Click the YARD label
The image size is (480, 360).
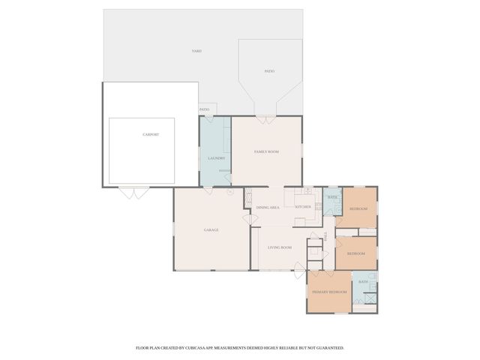click(x=196, y=51)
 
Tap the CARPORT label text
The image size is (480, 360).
click(x=151, y=134)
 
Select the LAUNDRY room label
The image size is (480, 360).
click(x=216, y=158)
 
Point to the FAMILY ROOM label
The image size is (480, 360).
click(x=266, y=151)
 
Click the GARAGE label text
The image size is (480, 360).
click(x=211, y=229)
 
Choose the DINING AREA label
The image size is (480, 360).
click(x=268, y=207)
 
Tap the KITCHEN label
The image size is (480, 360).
click(x=303, y=207)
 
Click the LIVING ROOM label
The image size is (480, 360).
click(x=280, y=247)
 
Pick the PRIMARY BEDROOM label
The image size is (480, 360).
click(x=329, y=292)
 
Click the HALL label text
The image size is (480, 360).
click(x=326, y=235)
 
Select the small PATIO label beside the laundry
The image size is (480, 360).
click(x=205, y=109)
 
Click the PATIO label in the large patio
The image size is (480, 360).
click(x=269, y=71)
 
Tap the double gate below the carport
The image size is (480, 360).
click(x=135, y=193)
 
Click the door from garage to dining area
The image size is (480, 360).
click(x=246, y=218)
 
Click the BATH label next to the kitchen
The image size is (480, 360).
click(x=332, y=197)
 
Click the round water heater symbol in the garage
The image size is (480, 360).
click(x=230, y=191)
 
